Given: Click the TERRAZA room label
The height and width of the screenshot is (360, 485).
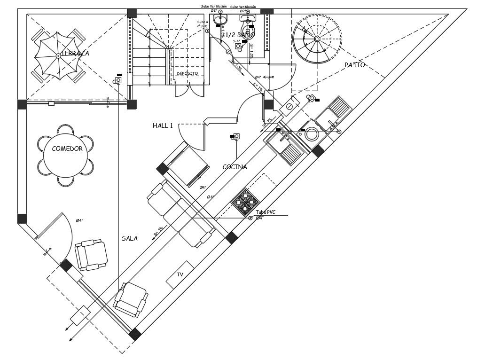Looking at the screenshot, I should pos(75,53).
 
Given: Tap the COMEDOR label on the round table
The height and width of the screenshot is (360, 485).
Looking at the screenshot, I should pos(67,149).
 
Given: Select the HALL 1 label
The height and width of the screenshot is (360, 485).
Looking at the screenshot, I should pos(163,125).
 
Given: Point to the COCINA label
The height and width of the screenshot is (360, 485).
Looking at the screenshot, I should pos(235,167).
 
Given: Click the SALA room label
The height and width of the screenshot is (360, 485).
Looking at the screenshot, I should pos(130,238).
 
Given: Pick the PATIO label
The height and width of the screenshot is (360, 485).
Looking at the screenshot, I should pos(354,65).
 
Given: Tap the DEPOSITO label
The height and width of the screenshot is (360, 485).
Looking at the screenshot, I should pos(187,74).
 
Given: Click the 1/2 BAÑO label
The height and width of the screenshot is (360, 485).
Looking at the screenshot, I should pos(240,35).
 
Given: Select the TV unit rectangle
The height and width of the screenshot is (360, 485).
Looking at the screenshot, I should pos(180,274).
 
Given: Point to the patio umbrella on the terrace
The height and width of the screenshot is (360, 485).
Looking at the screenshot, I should pos(58,55).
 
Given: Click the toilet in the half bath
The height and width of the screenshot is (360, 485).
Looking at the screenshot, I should pos(247,23).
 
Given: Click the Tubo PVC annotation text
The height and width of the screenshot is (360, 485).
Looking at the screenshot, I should pos(266,212).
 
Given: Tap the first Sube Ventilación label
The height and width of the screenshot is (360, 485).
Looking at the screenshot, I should pos(214,6).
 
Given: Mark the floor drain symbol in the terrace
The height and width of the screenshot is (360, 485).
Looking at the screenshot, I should pos(118,80).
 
